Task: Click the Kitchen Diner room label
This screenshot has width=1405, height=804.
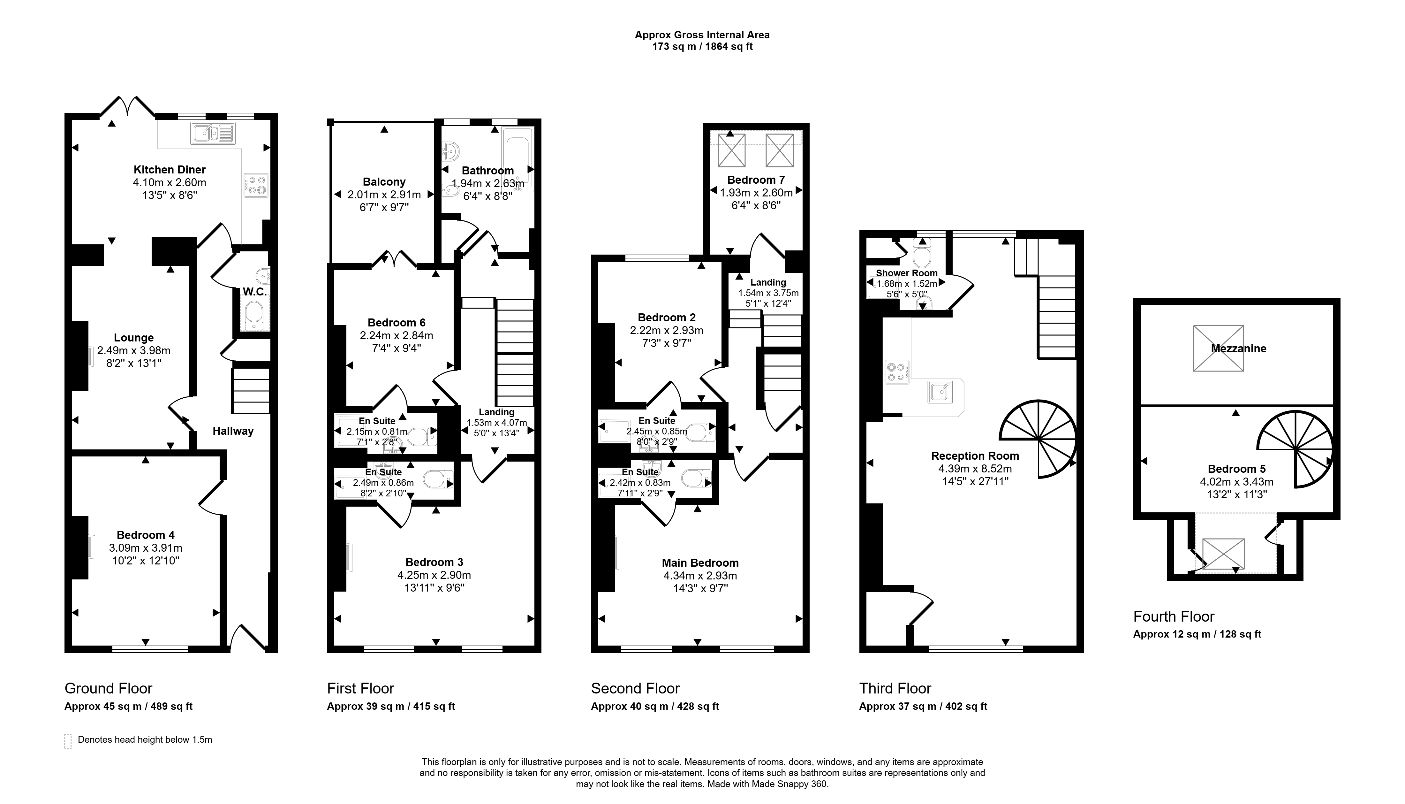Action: [x=170, y=170]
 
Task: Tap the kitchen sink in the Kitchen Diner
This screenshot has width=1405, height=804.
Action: [x=213, y=133]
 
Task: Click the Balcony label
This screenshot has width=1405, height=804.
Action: [x=384, y=182]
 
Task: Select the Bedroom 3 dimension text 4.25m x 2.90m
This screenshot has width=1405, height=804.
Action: [x=434, y=575]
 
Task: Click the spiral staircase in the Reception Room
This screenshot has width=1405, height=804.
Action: [x=1038, y=439]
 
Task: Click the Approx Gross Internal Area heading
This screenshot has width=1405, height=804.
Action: [x=702, y=35]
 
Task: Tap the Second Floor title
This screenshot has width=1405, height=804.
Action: [x=635, y=689]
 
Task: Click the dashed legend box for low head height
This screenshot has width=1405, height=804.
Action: [x=68, y=741]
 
